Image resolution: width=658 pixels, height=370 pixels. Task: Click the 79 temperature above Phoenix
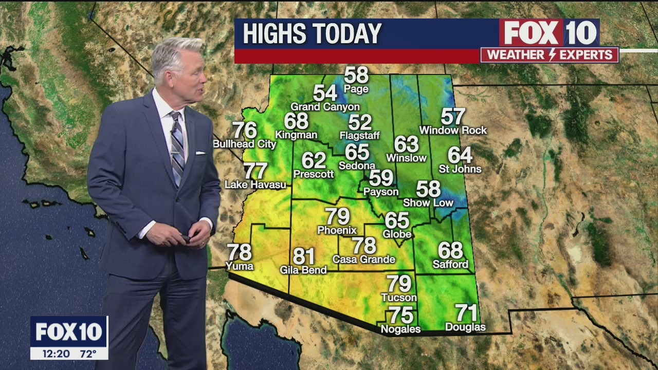click(337, 216)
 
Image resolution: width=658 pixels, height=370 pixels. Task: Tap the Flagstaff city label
click(359, 136)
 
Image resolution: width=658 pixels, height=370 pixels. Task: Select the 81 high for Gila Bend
click(303, 256)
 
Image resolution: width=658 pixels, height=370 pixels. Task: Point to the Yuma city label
click(239, 266)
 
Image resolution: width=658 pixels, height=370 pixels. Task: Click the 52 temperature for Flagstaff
click(359, 122)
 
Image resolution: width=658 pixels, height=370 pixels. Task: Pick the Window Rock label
click(453, 131)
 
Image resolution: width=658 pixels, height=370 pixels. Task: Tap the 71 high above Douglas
click(466, 312)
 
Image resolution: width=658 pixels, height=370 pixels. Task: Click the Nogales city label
click(400, 329)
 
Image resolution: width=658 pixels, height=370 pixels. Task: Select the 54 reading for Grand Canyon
click(325, 93)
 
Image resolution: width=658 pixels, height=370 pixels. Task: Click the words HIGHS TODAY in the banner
click(312, 34)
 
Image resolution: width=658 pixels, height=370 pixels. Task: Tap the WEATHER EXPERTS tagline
click(550, 55)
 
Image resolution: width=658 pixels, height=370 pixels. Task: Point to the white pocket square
click(200, 153)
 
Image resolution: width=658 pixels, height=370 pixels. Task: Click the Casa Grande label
click(363, 260)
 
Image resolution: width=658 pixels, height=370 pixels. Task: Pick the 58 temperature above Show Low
click(428, 189)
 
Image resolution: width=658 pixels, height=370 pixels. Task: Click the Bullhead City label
click(244, 144)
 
